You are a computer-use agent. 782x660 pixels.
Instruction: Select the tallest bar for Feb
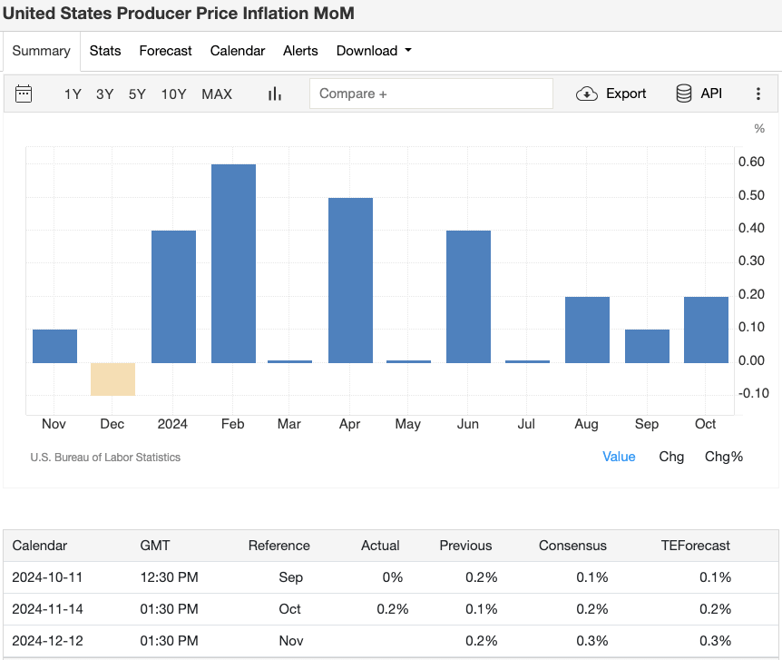click(x=233, y=263)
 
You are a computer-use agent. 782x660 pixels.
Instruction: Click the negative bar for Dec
click(x=113, y=379)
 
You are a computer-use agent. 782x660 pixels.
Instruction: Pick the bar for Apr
click(x=350, y=281)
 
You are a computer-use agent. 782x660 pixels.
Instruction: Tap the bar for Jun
click(x=468, y=297)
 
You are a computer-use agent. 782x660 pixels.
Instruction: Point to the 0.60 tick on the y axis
click(x=750, y=163)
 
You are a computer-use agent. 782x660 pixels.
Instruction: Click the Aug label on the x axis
click(x=587, y=424)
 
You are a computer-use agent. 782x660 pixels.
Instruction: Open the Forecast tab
click(x=165, y=51)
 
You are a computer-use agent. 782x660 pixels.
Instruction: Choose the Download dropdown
click(x=373, y=51)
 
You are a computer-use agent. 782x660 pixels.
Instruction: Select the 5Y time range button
click(x=137, y=94)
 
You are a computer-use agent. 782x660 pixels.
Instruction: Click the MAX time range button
click(x=217, y=94)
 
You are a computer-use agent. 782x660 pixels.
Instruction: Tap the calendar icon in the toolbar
click(x=24, y=94)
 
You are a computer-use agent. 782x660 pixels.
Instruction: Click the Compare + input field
click(x=431, y=94)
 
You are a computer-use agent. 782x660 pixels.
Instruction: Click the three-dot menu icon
click(x=758, y=94)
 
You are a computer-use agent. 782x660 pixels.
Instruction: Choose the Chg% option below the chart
click(x=723, y=457)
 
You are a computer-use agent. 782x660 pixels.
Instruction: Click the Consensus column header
click(x=572, y=546)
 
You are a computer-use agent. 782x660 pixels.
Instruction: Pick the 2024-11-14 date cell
click(x=47, y=609)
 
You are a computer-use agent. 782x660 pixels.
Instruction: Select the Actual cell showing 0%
click(x=391, y=577)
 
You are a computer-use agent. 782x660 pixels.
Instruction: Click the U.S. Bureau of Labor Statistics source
click(x=105, y=458)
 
